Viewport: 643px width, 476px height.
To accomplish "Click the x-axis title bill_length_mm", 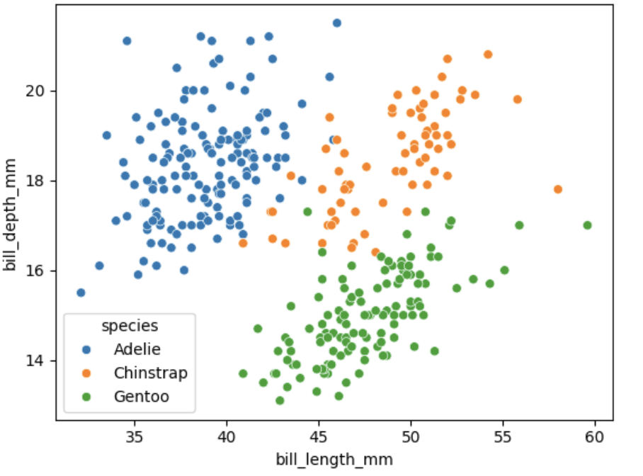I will pyautogui.click(x=334, y=459).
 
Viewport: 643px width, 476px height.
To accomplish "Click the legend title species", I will pyautogui.click(x=130, y=326).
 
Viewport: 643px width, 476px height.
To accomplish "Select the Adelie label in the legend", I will pyautogui.click(x=137, y=349).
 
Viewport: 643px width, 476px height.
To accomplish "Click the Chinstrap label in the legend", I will pyautogui.click(x=150, y=373).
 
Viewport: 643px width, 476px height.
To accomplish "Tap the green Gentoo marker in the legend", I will pyautogui.click(x=86, y=396).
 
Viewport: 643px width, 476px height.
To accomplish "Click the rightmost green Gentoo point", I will pyautogui.click(x=587, y=225).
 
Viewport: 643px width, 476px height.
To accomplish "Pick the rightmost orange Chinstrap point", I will pyautogui.click(x=558, y=189).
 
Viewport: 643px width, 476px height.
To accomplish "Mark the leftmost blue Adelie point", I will pyautogui.click(x=81, y=293).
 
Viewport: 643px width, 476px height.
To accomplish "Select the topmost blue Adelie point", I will pyautogui.click(x=337, y=23).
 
